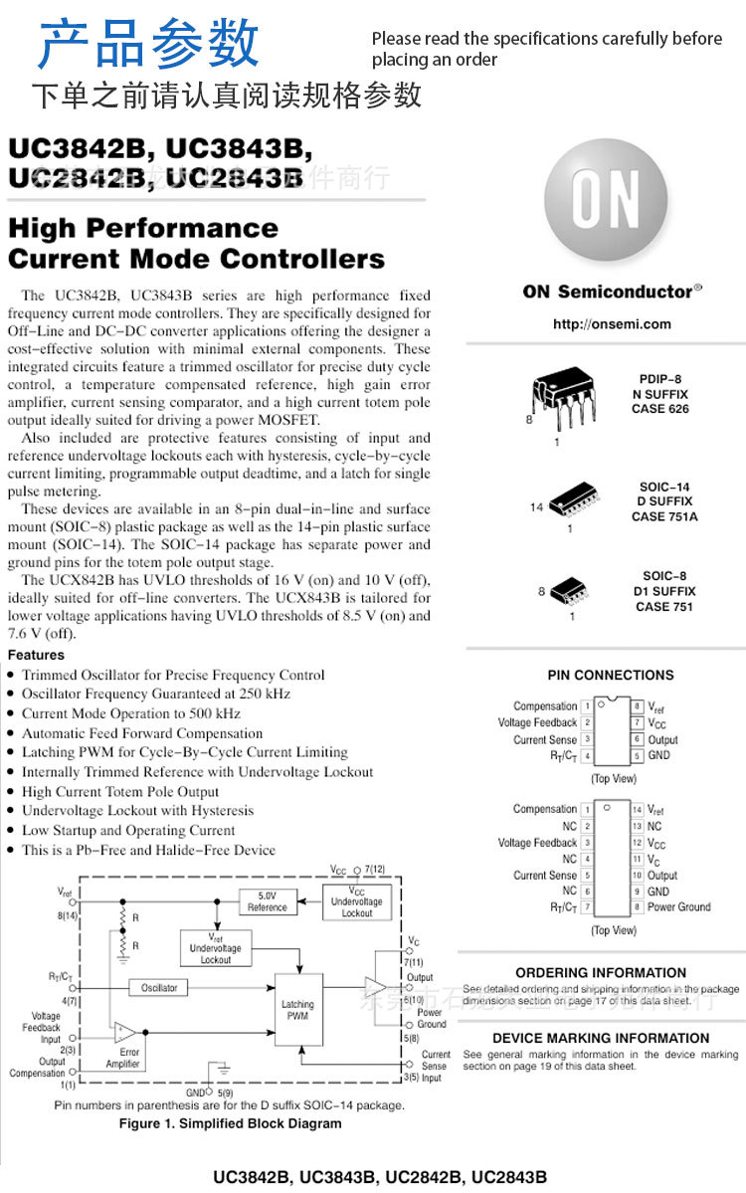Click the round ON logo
click(605, 199)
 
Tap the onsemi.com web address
click(612, 324)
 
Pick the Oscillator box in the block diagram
click(158, 988)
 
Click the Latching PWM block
click(298, 1011)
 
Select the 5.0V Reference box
click(267, 901)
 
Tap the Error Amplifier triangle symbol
click(124, 1031)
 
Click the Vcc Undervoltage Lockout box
click(357, 901)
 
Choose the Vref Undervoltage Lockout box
click(216, 948)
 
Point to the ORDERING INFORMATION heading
click(601, 972)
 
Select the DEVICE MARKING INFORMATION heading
click(601, 1038)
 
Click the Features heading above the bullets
click(36, 655)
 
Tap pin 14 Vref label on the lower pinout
click(655, 811)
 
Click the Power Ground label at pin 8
click(678, 906)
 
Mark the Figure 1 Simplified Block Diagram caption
click(230, 1123)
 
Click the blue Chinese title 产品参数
click(149, 44)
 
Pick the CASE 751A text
click(664, 516)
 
